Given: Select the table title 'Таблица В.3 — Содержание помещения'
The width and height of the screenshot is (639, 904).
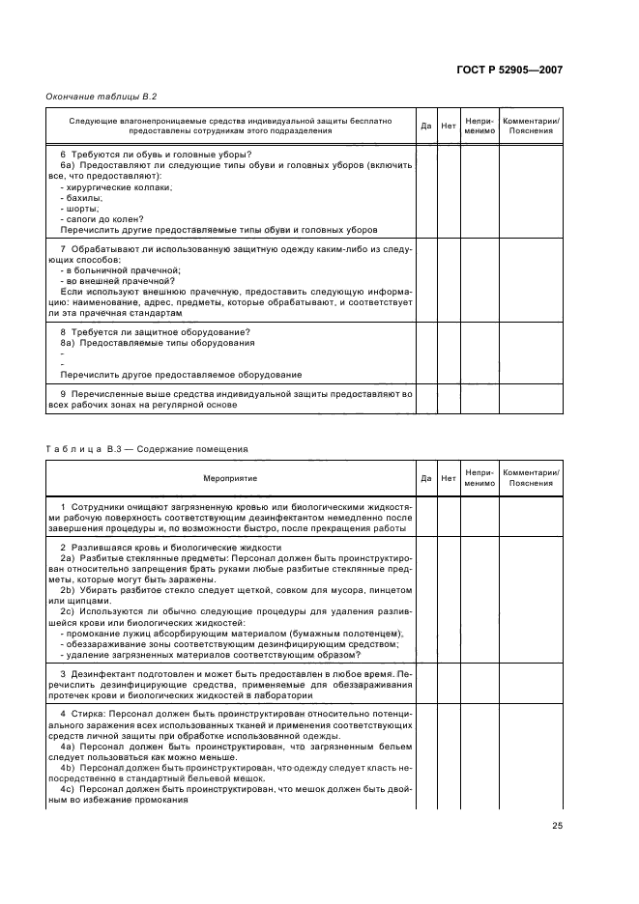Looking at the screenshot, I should [147, 448].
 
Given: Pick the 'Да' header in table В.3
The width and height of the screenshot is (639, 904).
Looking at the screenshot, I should [425, 478].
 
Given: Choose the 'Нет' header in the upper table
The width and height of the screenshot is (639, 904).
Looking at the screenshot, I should [448, 126].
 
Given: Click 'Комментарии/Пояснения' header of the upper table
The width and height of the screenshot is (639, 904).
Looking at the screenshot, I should [531, 126].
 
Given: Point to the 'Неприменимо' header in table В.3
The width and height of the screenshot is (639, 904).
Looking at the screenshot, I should [479, 478].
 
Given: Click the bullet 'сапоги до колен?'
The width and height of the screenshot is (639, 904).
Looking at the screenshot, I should [97, 219].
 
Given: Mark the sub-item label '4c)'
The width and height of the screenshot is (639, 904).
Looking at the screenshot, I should [68, 789].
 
